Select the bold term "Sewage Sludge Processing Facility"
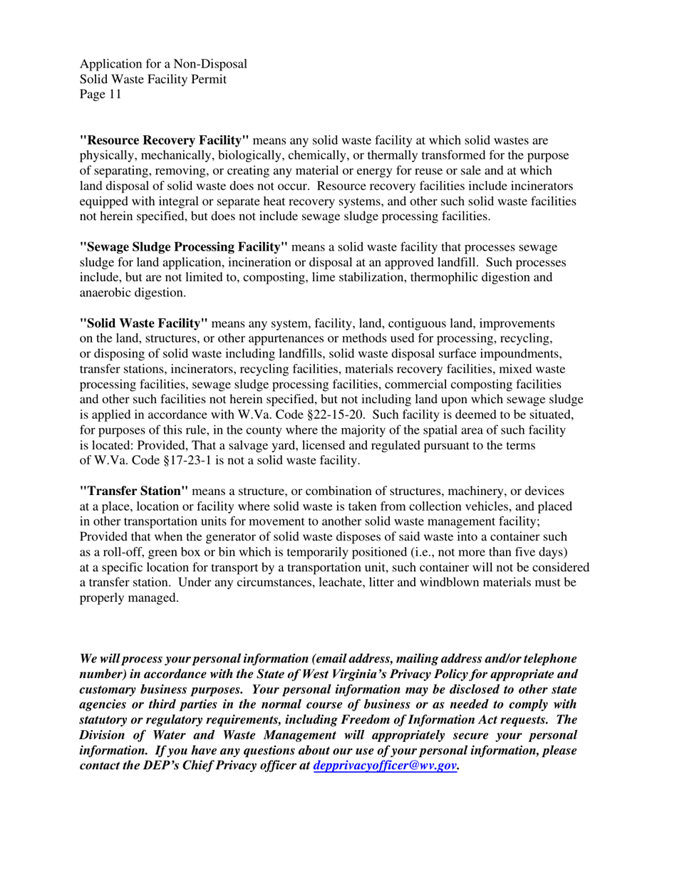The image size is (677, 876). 184,246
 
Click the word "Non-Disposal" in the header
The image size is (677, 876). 210,63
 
